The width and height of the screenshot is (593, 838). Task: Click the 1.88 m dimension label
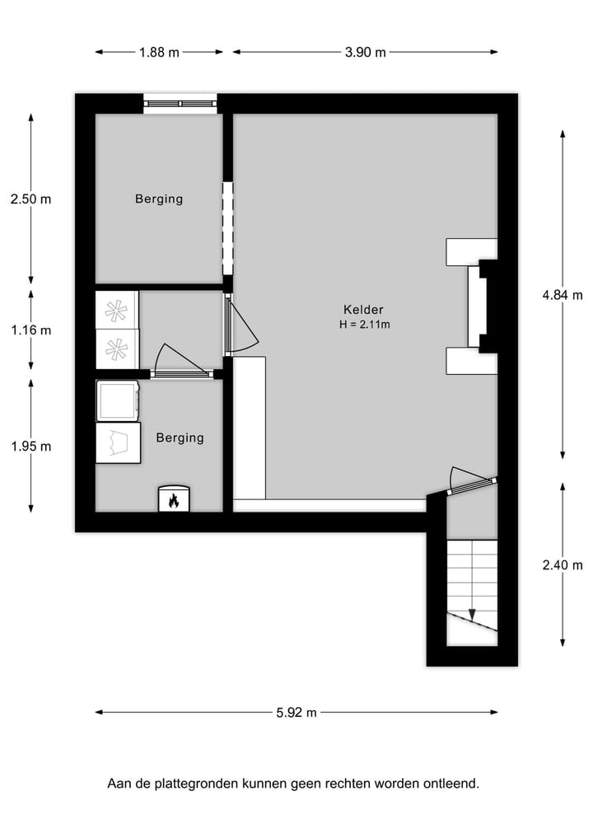[159, 52]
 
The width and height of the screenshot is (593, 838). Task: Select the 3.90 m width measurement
[365, 52]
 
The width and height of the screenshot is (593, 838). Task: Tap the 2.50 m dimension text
[30, 199]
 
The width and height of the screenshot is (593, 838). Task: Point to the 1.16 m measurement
[30, 330]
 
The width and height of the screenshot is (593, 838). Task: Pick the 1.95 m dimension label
[30, 446]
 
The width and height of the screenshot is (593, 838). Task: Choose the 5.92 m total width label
[296, 713]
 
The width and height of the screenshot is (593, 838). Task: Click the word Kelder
[363, 310]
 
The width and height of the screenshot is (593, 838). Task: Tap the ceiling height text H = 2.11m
[364, 324]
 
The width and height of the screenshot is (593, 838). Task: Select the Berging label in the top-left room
[159, 199]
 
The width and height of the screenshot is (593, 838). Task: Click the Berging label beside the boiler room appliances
[180, 438]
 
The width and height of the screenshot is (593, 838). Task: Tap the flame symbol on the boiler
[174, 499]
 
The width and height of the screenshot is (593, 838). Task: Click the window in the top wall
[180, 103]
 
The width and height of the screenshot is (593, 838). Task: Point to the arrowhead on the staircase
[472, 615]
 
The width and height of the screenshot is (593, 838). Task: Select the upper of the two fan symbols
[117, 311]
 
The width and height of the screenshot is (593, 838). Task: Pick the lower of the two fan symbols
[117, 349]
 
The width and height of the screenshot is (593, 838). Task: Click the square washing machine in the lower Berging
[117, 400]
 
